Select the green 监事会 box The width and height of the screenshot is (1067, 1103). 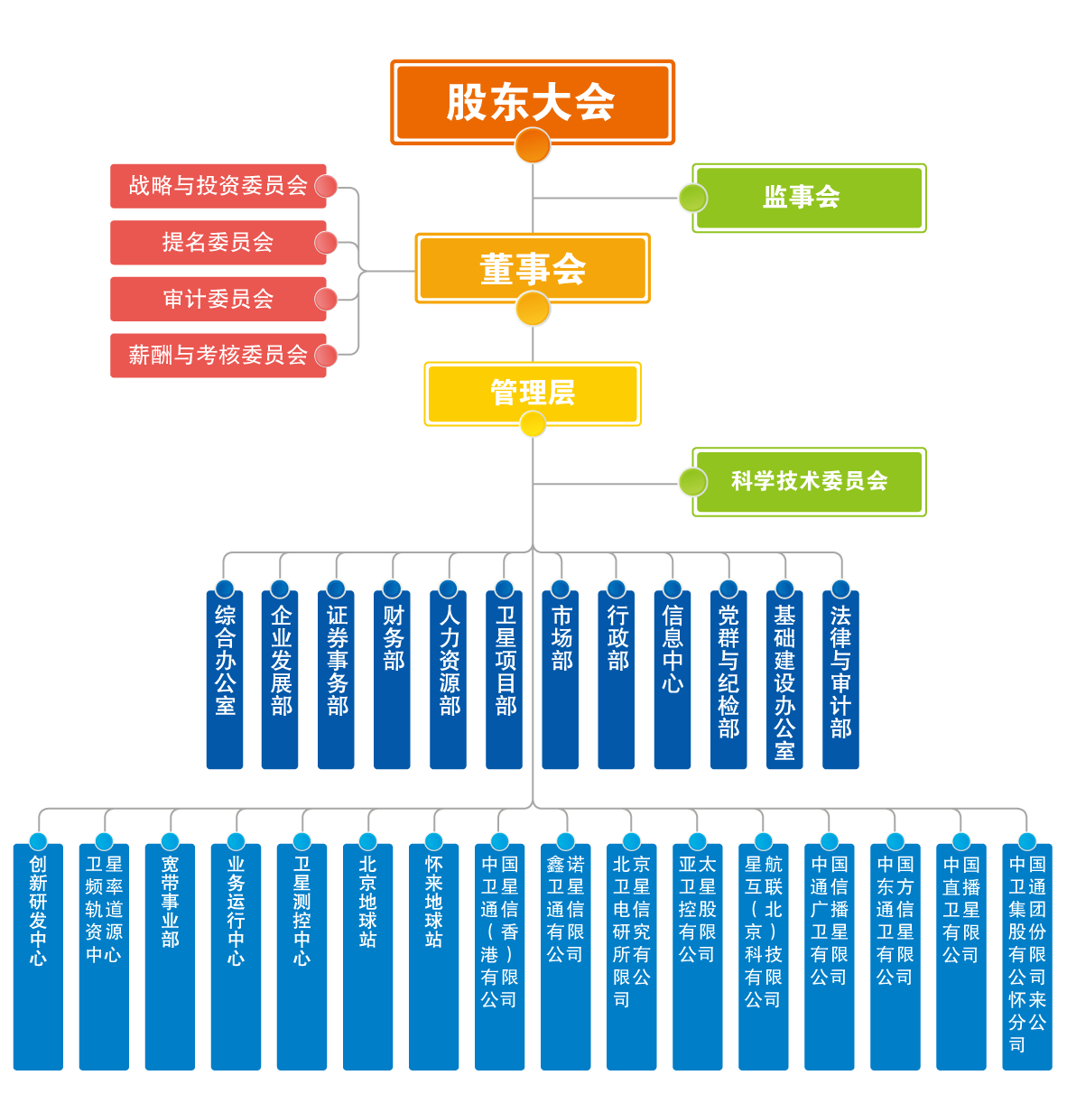point(809,197)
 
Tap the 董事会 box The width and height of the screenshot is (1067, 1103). point(533,267)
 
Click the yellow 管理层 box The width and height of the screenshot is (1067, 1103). point(533,392)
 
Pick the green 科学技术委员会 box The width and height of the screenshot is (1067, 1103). point(809,481)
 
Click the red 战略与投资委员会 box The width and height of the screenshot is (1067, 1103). point(218,186)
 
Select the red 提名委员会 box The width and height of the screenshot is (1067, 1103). point(218,242)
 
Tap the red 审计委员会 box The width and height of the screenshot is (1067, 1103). point(218,299)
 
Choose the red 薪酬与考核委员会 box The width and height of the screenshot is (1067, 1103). point(218,355)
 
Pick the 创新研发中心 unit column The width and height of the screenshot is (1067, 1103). point(38,957)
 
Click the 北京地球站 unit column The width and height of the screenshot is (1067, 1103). point(368,957)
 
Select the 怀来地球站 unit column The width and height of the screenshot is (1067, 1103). point(434,957)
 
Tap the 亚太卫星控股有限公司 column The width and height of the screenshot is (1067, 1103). point(698,957)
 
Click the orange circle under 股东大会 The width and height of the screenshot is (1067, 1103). point(533,145)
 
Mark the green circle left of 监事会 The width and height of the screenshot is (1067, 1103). point(692,198)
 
